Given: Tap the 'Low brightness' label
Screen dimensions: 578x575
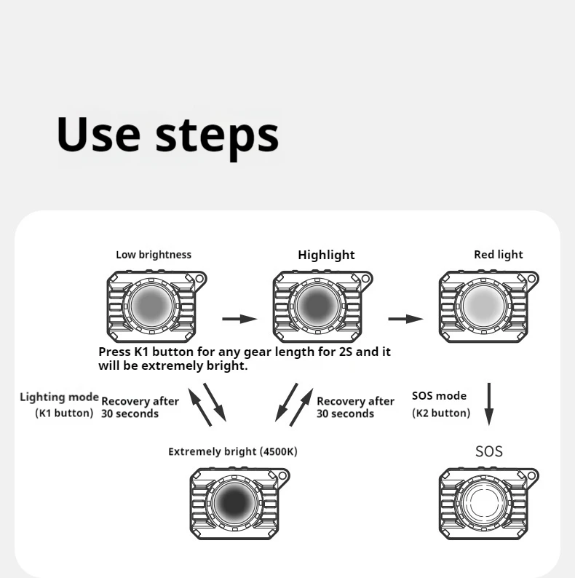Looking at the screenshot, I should pos(154,255).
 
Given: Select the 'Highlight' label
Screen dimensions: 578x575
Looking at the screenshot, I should pos(326,255).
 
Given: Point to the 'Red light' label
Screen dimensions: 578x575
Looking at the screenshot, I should pos(498,255).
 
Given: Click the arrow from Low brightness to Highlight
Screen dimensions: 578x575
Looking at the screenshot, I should pos(239,319).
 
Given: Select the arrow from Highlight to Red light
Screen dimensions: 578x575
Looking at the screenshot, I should pos(405,319).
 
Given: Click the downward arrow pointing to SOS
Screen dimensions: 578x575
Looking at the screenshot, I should pos(489,403).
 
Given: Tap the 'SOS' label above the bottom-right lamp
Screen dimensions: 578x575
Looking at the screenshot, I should pos(488,451).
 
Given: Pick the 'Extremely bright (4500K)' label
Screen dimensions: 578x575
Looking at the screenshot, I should pos(233,451).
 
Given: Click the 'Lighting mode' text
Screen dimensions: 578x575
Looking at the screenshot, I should pos(59,397).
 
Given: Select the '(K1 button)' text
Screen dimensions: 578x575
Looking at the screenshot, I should pos(65,413).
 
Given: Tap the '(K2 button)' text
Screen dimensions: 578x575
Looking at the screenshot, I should pos(441,413).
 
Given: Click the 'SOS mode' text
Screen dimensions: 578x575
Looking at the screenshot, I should pos(439,397).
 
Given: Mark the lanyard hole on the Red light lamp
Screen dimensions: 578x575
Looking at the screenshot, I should pos(533,278).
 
